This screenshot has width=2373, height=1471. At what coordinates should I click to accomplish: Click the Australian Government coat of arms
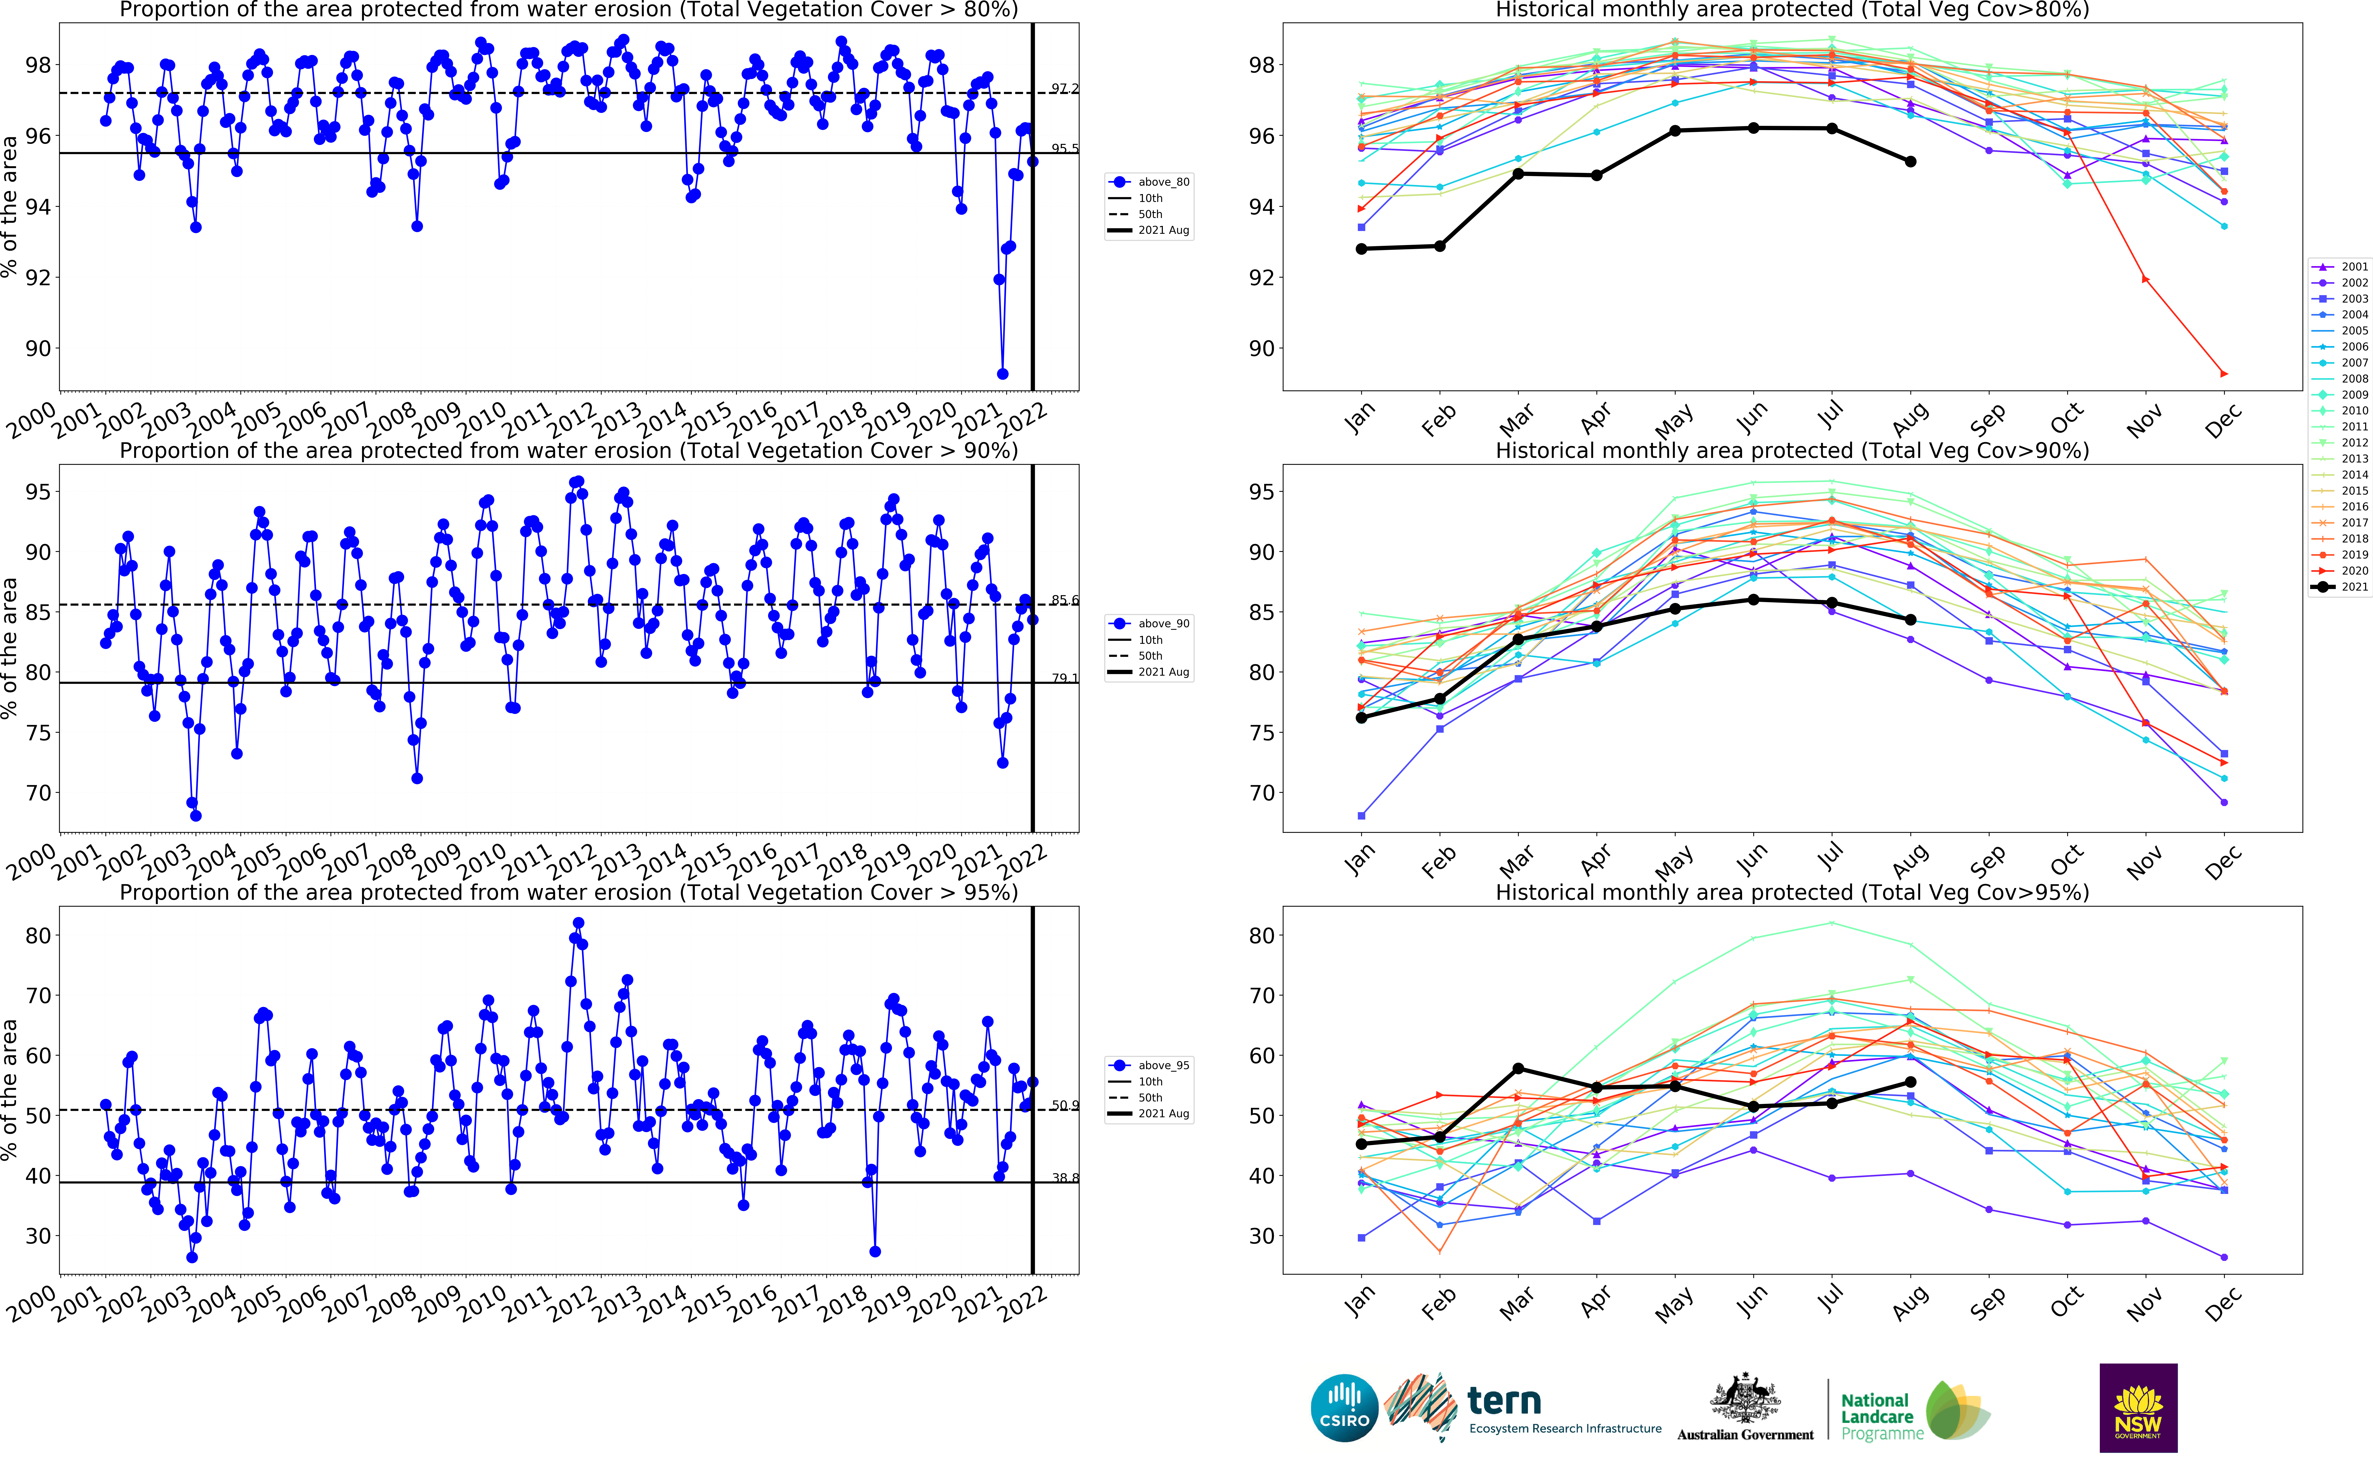(1746, 1399)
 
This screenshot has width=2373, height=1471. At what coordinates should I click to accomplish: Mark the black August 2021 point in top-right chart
(1911, 161)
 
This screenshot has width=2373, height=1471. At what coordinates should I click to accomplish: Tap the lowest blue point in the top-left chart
(1003, 374)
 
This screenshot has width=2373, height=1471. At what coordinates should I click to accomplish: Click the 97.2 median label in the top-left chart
(1065, 89)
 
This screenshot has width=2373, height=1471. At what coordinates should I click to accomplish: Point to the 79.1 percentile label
(1065, 678)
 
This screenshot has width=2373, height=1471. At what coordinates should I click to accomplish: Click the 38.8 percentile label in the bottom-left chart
(1065, 1178)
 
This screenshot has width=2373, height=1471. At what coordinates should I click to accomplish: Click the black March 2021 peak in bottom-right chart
(1518, 1068)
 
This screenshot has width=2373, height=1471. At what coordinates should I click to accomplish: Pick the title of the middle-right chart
(1791, 451)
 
